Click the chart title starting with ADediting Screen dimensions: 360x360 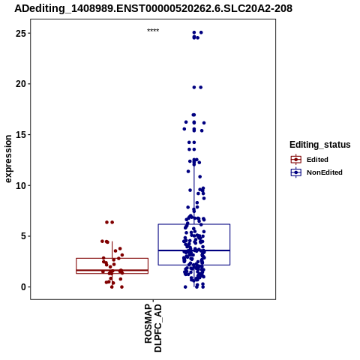pyautogui.click(x=153, y=8)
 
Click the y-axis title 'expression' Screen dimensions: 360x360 pyautogui.click(x=8, y=159)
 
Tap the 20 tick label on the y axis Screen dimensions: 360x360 pyautogui.click(x=21, y=84)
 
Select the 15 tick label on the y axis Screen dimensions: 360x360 pyautogui.click(x=21, y=135)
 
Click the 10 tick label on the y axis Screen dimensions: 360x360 pyautogui.click(x=21, y=185)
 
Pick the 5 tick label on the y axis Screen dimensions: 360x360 pyautogui.click(x=24, y=236)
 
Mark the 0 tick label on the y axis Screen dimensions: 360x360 pyautogui.click(x=24, y=287)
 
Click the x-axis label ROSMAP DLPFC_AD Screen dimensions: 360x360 pyautogui.click(x=153, y=328)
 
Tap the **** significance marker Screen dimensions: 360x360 pyautogui.click(x=153, y=31)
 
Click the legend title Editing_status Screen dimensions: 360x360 pyautogui.click(x=320, y=145)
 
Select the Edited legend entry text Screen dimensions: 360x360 pyautogui.click(x=317, y=160)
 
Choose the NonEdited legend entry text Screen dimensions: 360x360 pyautogui.click(x=325, y=172)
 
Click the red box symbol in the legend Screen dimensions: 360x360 pyautogui.click(x=296, y=159)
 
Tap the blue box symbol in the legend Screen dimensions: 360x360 pyautogui.click(x=296, y=172)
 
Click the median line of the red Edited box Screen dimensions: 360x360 pyautogui.click(x=112, y=270)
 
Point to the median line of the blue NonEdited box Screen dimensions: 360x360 pyautogui.click(x=194, y=250)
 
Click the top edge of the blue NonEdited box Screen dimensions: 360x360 pyautogui.click(x=194, y=224)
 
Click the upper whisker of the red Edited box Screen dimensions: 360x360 pyautogui.click(x=112, y=250)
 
